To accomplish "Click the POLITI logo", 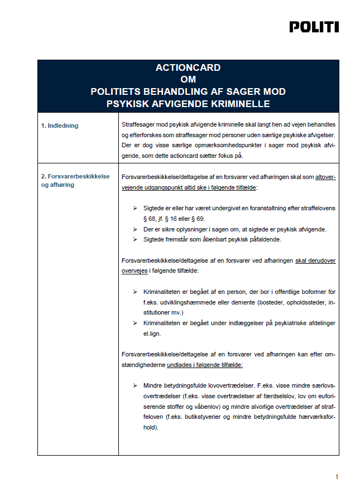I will (314, 26).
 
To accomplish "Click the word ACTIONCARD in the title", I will (188, 68).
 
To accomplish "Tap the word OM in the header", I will (188, 80).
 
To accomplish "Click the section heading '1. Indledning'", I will (59, 125).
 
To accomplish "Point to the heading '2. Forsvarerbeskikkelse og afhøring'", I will (75, 180).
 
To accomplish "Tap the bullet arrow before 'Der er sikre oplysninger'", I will (135, 229).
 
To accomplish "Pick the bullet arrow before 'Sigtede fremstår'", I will (135, 239).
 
